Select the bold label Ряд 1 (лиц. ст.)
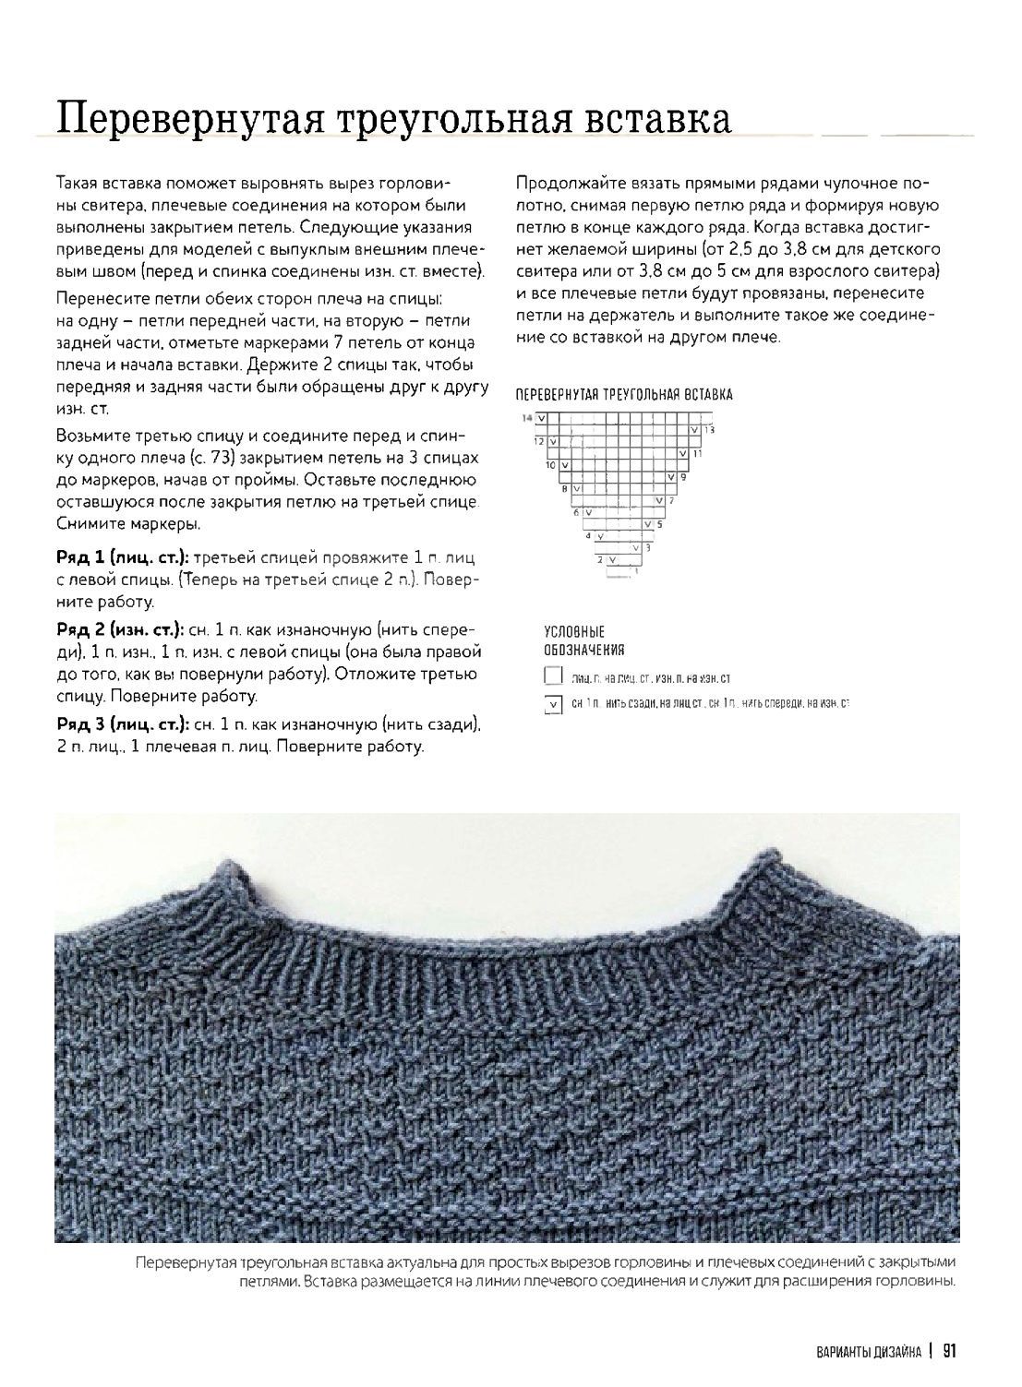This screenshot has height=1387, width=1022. click(x=123, y=558)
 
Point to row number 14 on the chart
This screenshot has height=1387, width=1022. click(x=527, y=418)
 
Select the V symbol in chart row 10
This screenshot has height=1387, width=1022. click(x=563, y=465)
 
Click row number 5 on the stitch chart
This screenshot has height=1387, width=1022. click(x=658, y=524)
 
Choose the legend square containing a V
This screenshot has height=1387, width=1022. click(x=553, y=705)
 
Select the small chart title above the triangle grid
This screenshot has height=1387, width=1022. click(x=623, y=395)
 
